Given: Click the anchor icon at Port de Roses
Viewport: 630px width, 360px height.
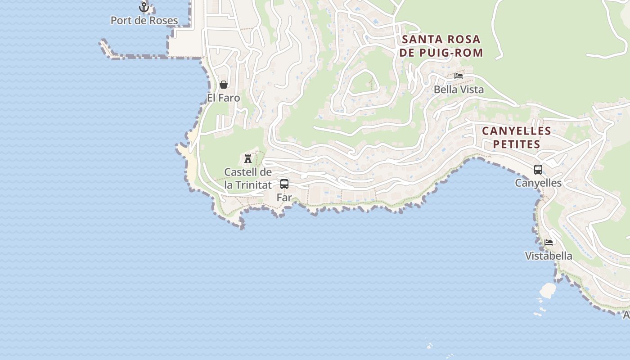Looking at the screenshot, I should (144, 7).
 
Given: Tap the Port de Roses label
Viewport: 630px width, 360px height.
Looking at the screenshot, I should (144, 21).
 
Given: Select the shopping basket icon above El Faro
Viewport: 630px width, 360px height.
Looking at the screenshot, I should (223, 85).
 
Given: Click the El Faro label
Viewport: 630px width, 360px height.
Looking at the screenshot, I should (223, 98).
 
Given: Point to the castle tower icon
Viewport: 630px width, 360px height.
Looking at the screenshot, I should (247, 158).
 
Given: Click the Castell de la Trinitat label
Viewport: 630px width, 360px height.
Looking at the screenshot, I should (248, 178).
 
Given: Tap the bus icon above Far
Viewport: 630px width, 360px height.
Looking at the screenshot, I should (284, 184).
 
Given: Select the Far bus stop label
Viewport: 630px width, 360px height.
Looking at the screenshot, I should (284, 197).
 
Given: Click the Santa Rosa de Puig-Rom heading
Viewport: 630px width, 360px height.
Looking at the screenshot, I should (441, 46).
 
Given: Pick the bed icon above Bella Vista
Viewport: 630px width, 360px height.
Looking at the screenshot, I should (459, 76).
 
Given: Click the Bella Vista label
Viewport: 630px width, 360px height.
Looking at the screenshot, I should (459, 90).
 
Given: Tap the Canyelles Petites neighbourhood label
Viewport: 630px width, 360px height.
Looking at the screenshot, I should (516, 137).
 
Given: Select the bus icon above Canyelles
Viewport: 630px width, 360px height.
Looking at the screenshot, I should (538, 170).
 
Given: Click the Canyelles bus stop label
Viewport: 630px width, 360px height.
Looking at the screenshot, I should (538, 183).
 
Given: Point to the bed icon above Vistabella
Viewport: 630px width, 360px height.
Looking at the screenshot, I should (549, 243).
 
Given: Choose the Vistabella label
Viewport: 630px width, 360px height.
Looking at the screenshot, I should (549, 256).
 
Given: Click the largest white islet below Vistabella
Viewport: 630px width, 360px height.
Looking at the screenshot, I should (548, 290).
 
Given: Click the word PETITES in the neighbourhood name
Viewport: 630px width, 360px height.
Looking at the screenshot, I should (516, 144).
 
